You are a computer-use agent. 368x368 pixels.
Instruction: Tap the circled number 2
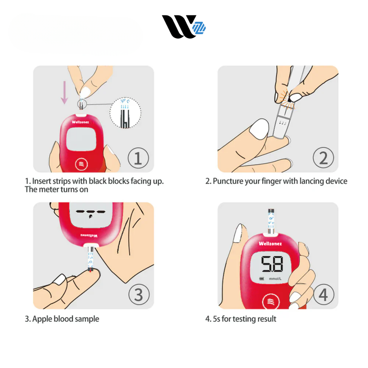tap(323, 158)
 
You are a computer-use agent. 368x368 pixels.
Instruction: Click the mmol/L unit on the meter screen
tap(275, 279)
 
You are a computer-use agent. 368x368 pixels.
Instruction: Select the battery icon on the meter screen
tap(261, 279)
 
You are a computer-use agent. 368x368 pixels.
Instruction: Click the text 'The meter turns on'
tap(57, 189)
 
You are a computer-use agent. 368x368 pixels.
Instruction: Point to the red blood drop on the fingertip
tap(90, 271)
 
